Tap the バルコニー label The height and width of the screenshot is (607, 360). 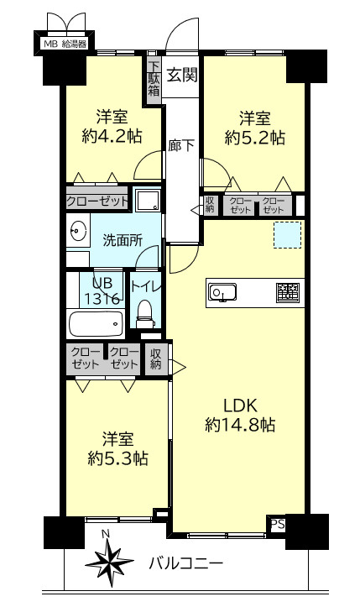(185, 563)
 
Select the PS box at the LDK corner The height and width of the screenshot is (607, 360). (276, 525)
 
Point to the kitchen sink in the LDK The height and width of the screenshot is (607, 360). (223, 292)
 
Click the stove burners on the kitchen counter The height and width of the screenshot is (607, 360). (287, 292)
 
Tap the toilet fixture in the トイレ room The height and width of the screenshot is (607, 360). (145, 312)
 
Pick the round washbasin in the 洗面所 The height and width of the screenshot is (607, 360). (80, 229)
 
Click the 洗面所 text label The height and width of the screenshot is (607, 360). (123, 239)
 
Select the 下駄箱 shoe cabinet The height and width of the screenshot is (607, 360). (154, 78)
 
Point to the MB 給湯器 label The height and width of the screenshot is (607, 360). (65, 43)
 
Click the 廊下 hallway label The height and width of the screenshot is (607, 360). (181, 145)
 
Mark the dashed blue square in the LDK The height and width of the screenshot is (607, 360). (287, 236)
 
